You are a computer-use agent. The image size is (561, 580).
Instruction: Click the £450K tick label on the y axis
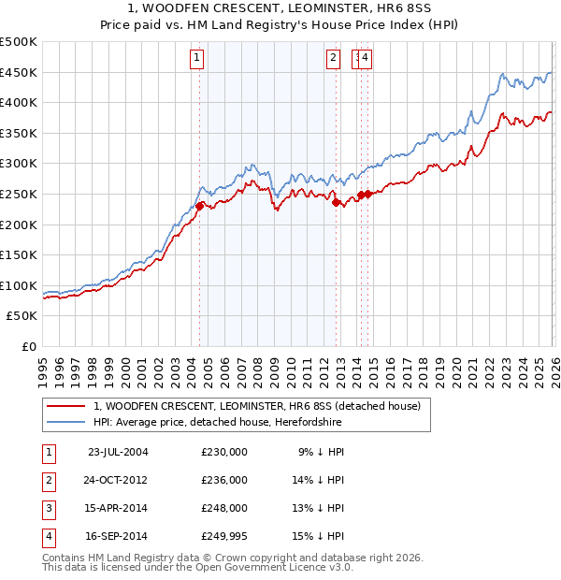click(x=19, y=73)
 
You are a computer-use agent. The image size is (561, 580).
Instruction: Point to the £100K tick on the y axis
click(x=19, y=285)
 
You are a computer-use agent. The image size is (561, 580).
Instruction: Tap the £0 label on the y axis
click(x=28, y=346)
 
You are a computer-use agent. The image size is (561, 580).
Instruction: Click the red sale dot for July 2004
click(x=200, y=206)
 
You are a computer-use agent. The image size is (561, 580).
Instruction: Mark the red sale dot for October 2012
click(x=336, y=202)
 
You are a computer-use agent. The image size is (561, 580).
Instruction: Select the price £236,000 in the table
click(x=224, y=479)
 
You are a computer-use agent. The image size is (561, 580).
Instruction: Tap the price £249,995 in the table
click(x=224, y=536)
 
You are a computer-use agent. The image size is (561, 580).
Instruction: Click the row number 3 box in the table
click(x=48, y=508)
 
